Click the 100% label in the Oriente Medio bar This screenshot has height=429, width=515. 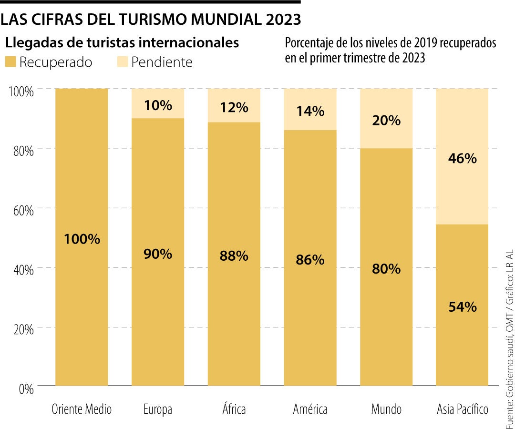click(82, 239)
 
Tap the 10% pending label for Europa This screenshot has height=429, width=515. click(157, 105)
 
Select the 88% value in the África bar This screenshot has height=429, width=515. click(234, 256)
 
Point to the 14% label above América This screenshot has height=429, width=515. click(310, 112)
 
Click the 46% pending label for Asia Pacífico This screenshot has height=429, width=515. click(462, 159)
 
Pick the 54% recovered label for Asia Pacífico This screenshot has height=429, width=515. click(462, 307)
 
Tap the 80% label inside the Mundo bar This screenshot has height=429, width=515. click(386, 269)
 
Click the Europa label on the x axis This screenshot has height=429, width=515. click(157, 409)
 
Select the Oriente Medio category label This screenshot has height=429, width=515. click(82, 409)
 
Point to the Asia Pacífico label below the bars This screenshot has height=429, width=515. click(463, 409)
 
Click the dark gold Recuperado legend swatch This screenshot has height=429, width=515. click(11, 62)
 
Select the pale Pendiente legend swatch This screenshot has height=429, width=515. click(123, 62)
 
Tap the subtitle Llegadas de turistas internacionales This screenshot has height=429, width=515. click(122, 42)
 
